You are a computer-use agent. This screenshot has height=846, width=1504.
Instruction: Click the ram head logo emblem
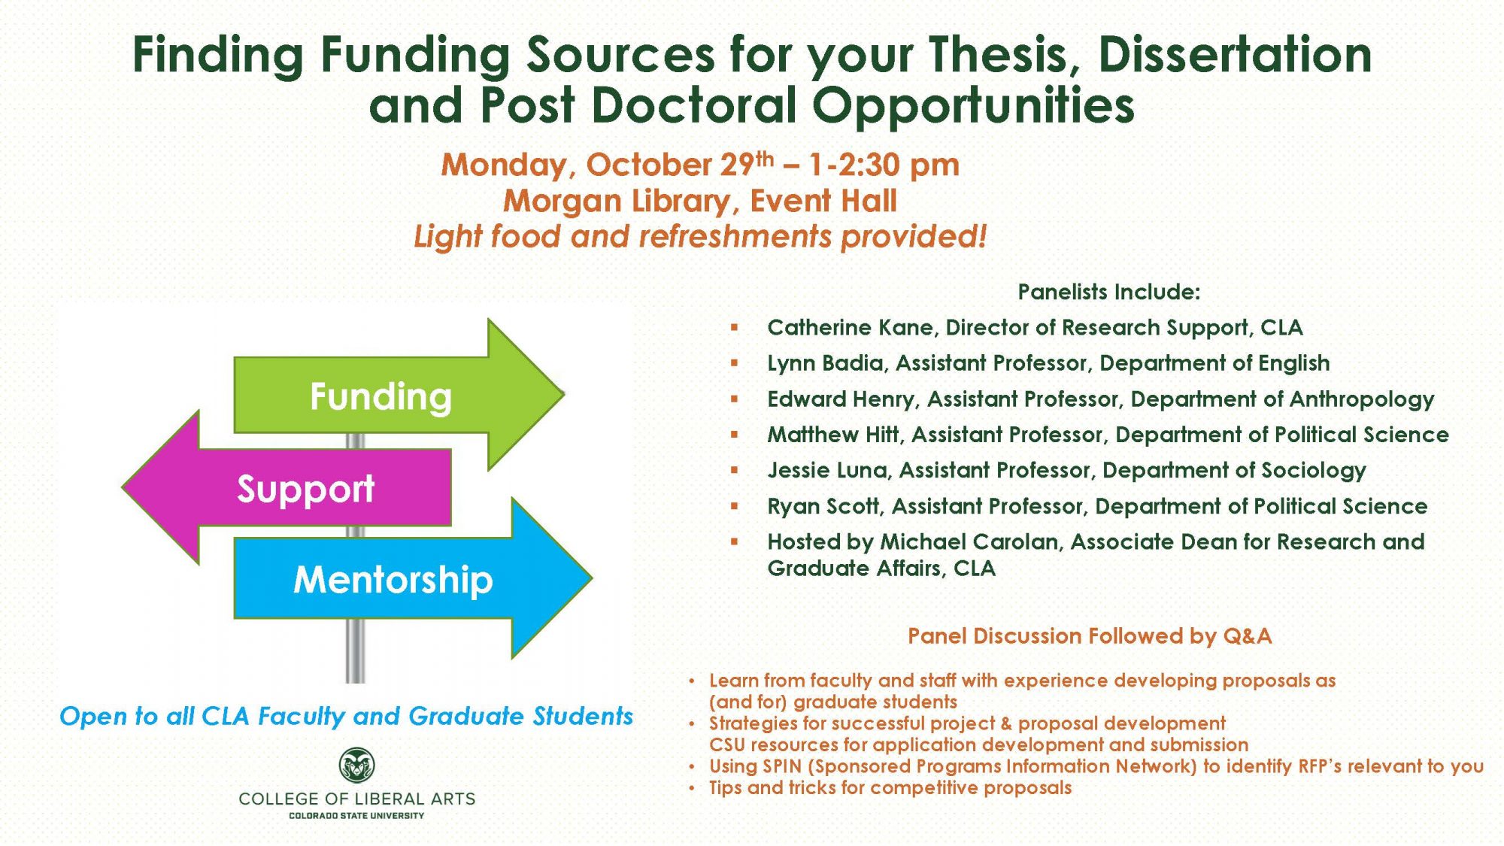[356, 766]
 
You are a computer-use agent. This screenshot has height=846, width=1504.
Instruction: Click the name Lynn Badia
[825, 363]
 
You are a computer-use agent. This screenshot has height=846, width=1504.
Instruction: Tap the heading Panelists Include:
[1108, 292]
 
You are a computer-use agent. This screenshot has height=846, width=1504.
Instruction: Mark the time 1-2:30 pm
[884, 165]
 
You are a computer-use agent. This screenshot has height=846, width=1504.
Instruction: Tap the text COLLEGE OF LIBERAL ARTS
[356, 799]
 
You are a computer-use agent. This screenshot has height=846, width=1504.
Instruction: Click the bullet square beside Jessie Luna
[734, 471]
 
